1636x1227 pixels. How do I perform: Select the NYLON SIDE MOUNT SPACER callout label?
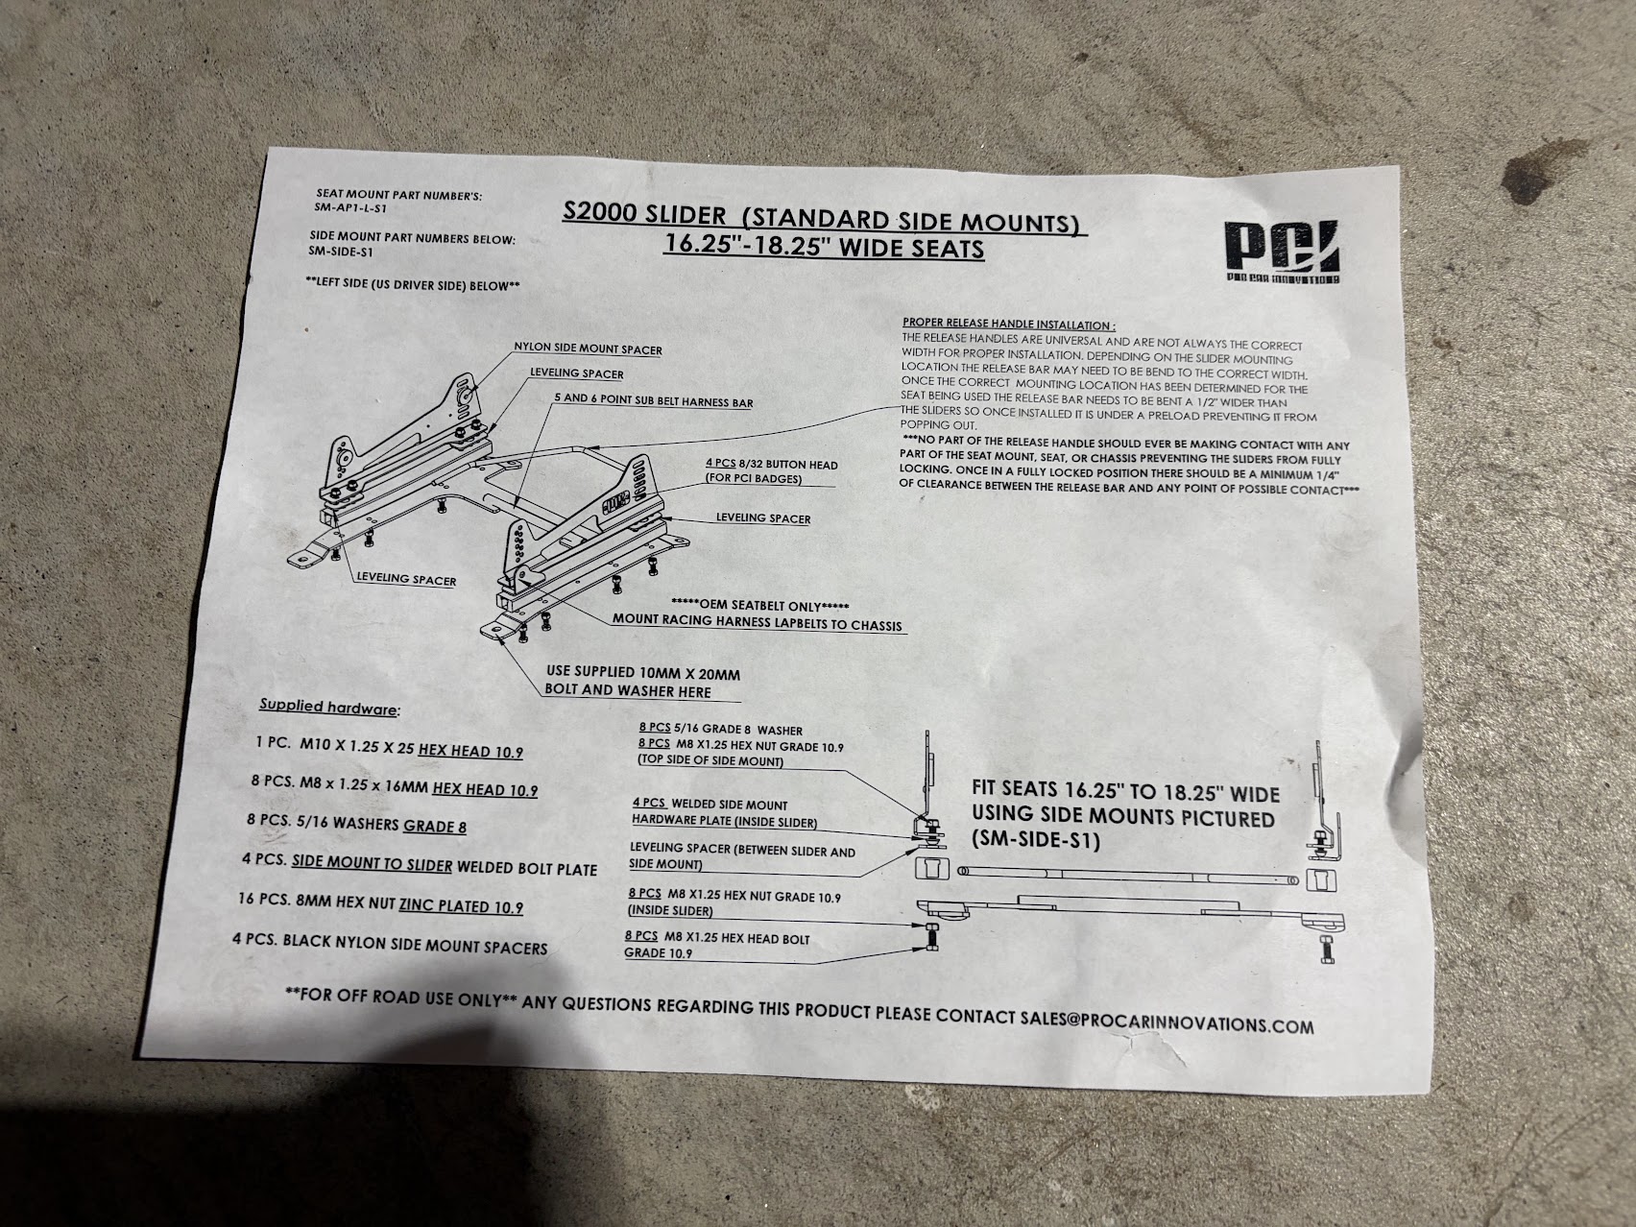click(x=588, y=349)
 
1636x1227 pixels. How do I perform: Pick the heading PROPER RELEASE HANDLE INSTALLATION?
click(x=1008, y=325)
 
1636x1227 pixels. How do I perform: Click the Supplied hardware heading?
click(x=329, y=708)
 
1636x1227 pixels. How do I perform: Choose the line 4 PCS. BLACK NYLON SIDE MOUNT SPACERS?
click(x=390, y=943)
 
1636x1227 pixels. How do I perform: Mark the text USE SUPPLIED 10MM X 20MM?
click(x=642, y=674)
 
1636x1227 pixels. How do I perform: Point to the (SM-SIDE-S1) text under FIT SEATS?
click(x=1035, y=841)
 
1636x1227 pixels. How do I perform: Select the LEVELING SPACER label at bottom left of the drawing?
click(x=405, y=580)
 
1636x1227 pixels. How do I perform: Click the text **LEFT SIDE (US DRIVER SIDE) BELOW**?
click(x=413, y=286)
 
